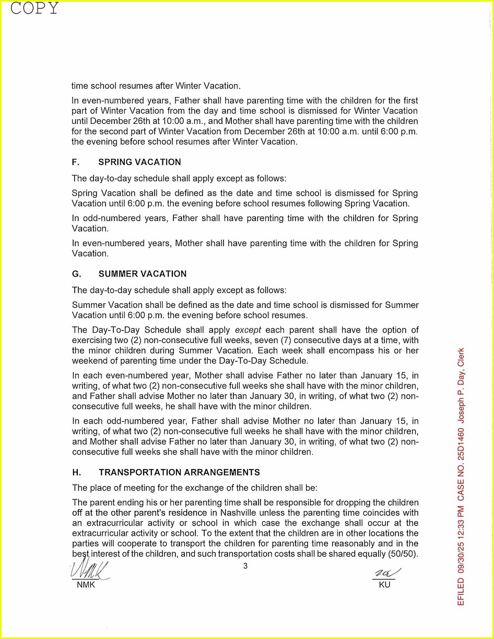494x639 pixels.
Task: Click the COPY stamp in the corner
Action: (34, 8)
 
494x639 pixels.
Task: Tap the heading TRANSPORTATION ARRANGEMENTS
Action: (179, 473)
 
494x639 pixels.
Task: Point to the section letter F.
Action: (75, 162)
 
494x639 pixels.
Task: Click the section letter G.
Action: (76, 274)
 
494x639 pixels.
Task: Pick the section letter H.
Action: (76, 473)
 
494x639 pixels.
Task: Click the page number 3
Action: (245, 565)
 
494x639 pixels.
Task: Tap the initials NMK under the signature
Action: (86, 585)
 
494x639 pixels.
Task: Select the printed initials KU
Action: (384, 585)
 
